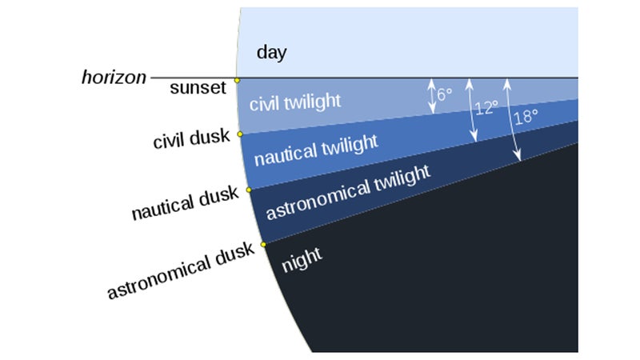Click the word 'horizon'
click(114, 77)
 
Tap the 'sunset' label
click(198, 87)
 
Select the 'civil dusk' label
click(191, 138)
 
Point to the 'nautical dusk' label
click(185, 203)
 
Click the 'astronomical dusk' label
click(181, 270)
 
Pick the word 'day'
click(271, 53)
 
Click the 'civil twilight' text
click(295, 102)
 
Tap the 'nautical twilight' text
click(316, 150)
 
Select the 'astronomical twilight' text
click(348, 192)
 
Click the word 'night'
click(302, 259)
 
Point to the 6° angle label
click(445, 94)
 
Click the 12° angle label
click(486, 108)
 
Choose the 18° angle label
click(526, 117)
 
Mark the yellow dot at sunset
click(237, 81)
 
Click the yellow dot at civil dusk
click(240, 134)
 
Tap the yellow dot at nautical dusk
click(249, 190)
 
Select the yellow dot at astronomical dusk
click(263, 245)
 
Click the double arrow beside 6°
click(431, 96)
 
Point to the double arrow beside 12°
click(471, 110)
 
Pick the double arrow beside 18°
click(512, 119)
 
